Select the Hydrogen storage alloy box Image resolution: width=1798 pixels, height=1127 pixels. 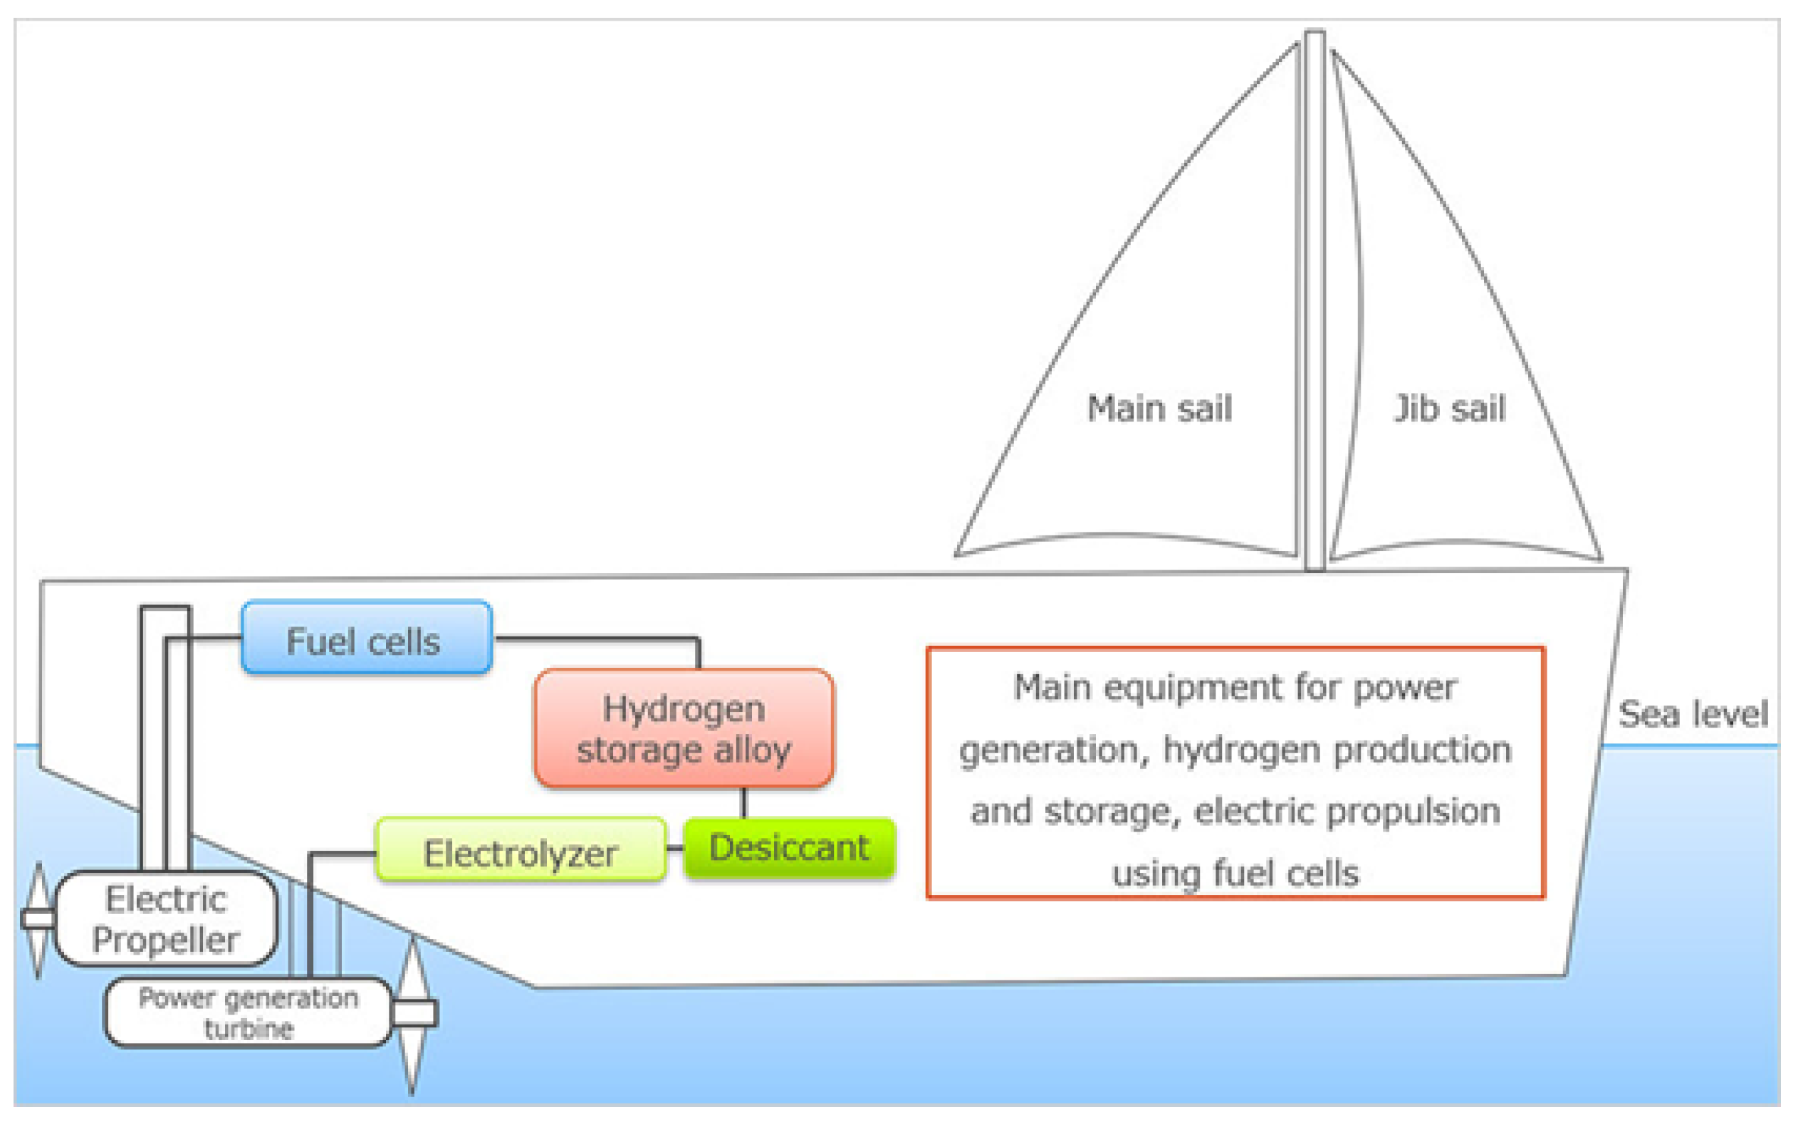[683, 728]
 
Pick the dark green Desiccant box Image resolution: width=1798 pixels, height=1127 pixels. [789, 847]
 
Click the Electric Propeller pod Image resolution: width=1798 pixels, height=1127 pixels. [165, 918]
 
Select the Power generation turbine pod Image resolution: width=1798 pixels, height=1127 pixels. [248, 1012]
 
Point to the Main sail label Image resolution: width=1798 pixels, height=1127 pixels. [1159, 409]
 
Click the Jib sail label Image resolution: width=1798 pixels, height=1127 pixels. [1449, 409]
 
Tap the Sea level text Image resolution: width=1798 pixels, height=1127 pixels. [1692, 713]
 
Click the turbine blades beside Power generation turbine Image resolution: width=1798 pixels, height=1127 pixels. [412, 1014]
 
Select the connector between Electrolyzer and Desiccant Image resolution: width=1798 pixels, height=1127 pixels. [674, 848]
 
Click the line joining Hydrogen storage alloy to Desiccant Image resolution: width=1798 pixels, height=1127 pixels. [743, 803]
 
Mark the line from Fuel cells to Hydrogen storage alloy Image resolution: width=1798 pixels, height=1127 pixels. [596, 638]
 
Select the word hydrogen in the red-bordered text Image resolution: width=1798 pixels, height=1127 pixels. [1242, 749]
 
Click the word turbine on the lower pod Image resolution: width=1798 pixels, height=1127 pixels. [249, 1029]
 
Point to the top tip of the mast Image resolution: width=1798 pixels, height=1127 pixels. [1314, 33]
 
